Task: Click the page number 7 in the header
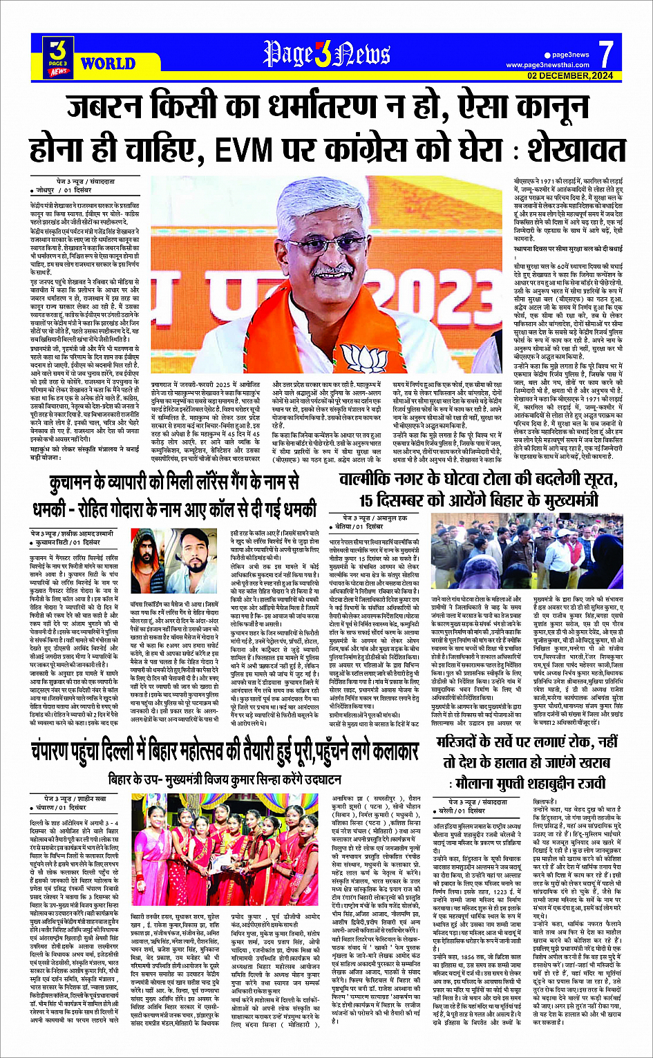coord(605,53)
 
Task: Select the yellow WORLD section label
coord(108,64)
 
